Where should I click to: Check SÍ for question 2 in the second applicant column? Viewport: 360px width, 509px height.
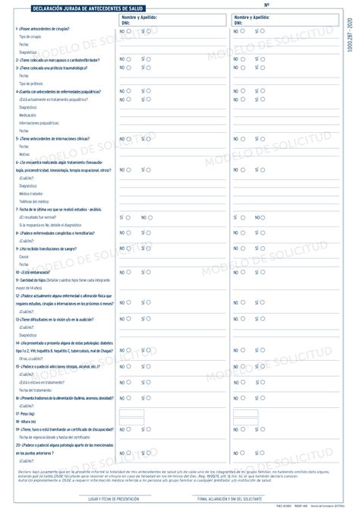[264, 59]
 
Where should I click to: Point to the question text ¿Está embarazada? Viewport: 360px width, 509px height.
[31, 272]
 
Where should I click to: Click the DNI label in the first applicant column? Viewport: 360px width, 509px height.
[125, 24]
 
